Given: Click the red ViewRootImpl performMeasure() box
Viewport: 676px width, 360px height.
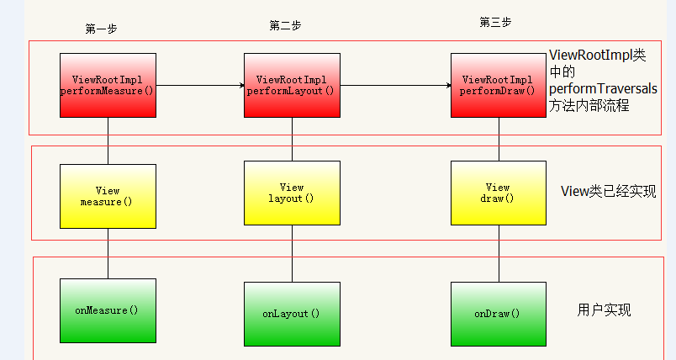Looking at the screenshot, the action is (x=108, y=85).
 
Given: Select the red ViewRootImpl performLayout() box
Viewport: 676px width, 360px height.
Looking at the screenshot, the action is (x=292, y=85).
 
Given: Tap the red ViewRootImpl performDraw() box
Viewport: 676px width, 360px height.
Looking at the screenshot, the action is (x=499, y=85).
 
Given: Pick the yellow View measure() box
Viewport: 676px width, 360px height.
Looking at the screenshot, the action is (x=108, y=196).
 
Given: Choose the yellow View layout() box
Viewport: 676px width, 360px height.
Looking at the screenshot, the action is (x=292, y=193).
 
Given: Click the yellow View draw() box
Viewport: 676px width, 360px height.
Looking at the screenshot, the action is (x=499, y=193).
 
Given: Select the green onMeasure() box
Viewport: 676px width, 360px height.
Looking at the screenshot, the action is (x=108, y=311).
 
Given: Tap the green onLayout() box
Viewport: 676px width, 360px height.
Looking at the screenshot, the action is (x=292, y=314).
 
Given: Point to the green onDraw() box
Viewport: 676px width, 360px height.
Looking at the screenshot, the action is (x=499, y=314).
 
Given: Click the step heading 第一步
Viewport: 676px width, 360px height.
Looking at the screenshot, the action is (x=101, y=29).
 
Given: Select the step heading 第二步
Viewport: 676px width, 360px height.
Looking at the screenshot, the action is (x=285, y=25).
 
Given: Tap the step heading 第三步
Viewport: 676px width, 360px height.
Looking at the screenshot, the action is (x=495, y=22).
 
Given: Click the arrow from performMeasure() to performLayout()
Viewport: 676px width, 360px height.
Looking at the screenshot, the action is (x=200, y=85).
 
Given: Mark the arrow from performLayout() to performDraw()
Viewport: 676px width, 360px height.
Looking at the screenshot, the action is (x=396, y=85).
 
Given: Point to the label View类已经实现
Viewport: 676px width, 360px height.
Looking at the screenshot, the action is (x=608, y=192).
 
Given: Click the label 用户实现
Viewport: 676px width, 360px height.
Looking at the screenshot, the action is (x=604, y=310).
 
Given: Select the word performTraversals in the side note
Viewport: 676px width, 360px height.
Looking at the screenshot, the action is (x=603, y=89).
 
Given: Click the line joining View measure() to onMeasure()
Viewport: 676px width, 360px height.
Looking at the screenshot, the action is (x=108, y=253).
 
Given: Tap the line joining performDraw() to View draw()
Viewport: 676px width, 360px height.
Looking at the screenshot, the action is (x=499, y=140).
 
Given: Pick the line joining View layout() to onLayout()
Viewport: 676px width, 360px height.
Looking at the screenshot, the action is (x=292, y=253).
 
